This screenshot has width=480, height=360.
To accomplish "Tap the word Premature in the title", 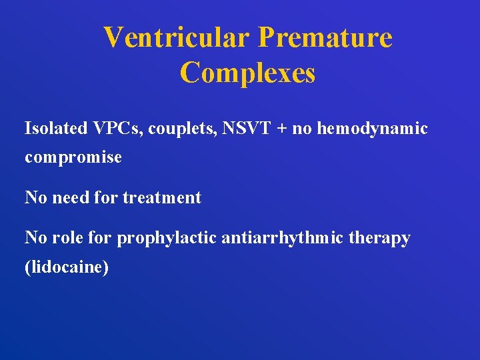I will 325,37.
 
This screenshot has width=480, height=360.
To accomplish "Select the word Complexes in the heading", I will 247,73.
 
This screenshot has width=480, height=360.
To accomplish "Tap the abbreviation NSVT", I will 242,128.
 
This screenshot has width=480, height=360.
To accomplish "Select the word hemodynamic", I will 373,129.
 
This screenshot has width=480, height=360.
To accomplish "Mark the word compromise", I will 73,158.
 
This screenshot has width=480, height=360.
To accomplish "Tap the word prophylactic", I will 167,238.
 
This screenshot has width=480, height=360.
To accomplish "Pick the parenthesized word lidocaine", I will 67,267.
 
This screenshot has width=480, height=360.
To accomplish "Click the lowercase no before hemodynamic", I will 302,129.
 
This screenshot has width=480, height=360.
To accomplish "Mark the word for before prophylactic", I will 102,238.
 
